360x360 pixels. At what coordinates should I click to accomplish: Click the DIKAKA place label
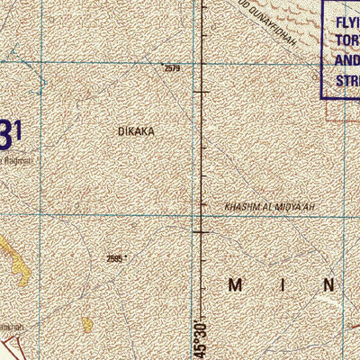(x=136, y=131)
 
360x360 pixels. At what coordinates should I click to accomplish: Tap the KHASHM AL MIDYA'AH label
(x=270, y=207)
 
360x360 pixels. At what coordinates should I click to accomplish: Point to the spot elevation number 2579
(x=171, y=67)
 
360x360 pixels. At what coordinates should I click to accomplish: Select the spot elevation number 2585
(x=114, y=258)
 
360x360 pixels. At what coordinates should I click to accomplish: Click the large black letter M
(x=236, y=285)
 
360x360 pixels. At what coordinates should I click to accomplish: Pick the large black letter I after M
(x=283, y=285)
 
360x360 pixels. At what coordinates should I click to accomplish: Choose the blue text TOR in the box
(x=346, y=41)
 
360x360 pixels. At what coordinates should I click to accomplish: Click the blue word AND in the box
(x=346, y=61)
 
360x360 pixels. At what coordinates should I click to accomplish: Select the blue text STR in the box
(x=346, y=80)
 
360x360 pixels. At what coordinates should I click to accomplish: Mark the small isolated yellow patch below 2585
(x=87, y=323)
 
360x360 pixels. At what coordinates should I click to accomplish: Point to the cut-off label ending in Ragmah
(x=15, y=160)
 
